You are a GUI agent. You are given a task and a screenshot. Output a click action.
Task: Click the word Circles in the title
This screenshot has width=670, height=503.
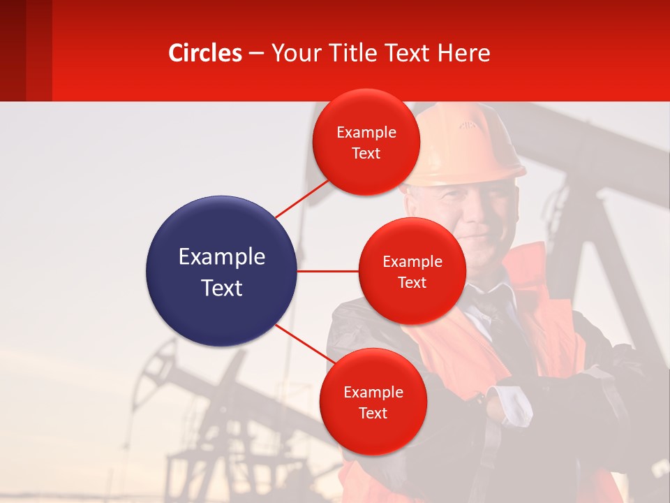[205, 53]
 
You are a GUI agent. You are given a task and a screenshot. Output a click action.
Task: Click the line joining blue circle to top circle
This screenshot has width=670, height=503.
[302, 198]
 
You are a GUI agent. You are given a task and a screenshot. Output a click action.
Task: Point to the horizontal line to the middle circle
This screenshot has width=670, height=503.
[327, 270]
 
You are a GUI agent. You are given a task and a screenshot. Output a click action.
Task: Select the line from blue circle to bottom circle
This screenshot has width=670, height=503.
[304, 344]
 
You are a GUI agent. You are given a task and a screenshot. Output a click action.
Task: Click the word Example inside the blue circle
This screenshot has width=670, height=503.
[221, 257]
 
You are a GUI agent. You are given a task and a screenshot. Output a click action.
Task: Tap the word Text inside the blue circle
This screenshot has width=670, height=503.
[221, 288]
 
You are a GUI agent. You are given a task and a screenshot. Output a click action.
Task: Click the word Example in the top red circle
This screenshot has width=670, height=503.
[366, 133]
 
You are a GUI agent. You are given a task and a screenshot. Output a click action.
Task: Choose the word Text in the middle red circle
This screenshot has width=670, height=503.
[412, 283]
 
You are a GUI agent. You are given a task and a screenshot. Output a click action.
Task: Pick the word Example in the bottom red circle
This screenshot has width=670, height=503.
[373, 393]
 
